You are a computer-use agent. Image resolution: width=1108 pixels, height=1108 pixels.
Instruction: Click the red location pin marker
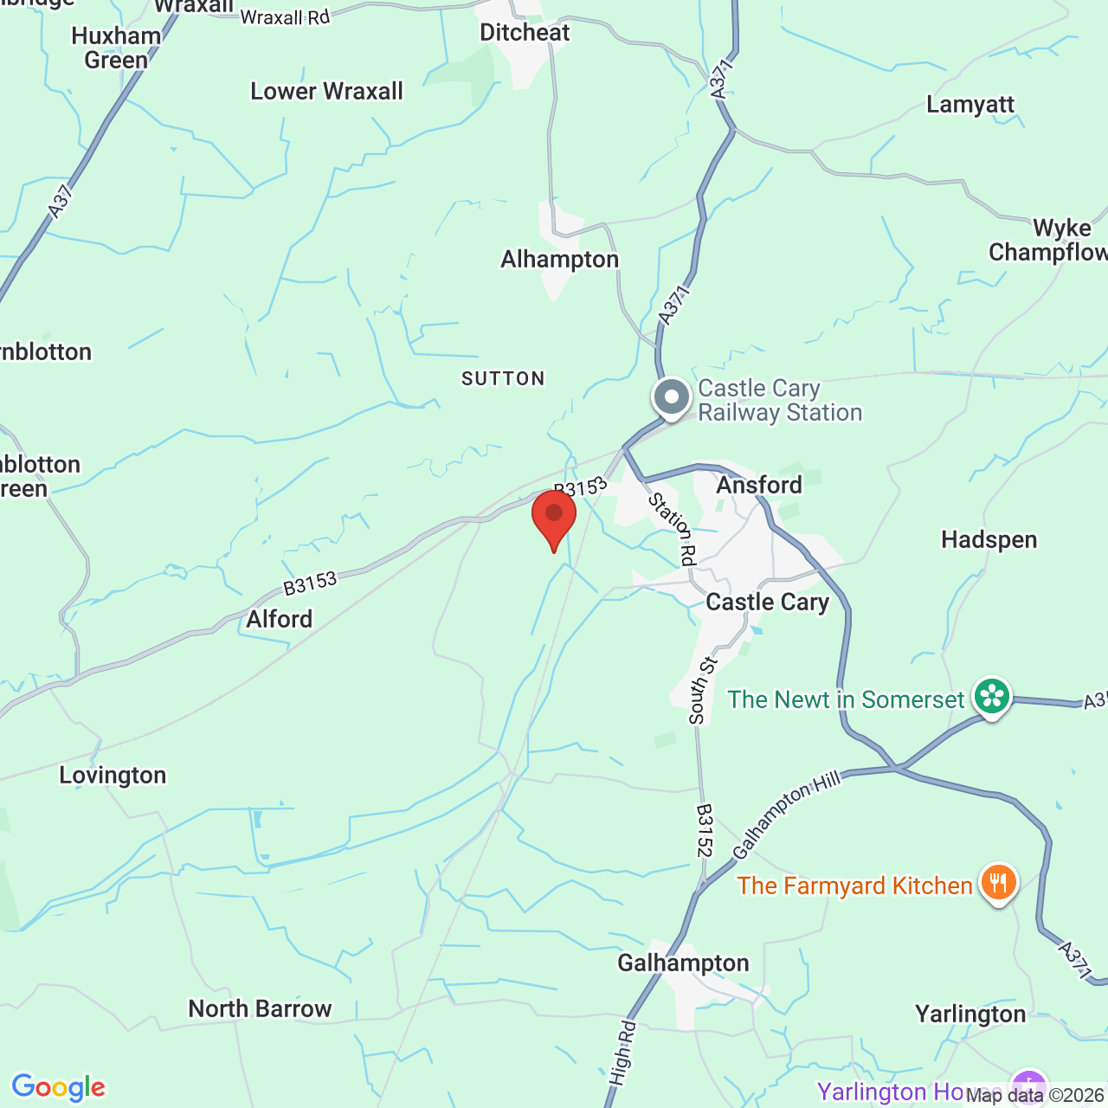coord(554,516)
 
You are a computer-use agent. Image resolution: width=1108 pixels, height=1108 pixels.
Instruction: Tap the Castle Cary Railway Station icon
coord(672,398)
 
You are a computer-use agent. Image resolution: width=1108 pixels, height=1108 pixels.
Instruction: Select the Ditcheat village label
coord(525,33)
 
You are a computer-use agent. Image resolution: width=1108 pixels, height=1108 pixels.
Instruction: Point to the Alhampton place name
coord(560,260)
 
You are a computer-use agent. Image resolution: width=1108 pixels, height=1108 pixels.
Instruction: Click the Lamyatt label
coord(970,105)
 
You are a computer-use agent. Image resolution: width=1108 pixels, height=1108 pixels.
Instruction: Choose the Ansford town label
coord(759,485)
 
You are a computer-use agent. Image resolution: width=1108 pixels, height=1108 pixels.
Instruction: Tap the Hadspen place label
coord(989,540)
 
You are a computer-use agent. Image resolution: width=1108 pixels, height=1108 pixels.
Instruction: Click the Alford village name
coord(279,620)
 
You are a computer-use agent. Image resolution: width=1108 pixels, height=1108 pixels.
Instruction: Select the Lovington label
coord(113,775)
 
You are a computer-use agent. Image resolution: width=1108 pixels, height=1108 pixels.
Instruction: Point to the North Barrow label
coord(260,1008)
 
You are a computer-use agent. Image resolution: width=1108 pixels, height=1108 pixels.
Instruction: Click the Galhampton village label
coord(683,963)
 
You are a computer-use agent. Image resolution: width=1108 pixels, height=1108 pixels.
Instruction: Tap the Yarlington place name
coord(970,1014)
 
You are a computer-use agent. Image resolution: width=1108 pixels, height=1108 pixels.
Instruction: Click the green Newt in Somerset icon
coord(992,697)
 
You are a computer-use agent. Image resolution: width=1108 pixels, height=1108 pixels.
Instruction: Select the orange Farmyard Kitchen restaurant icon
coord(999,883)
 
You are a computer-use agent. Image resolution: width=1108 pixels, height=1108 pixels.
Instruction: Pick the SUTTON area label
coord(503,379)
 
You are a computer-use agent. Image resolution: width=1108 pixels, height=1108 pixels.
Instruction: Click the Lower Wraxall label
coord(326,92)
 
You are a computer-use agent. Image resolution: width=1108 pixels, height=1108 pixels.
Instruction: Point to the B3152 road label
coord(705,830)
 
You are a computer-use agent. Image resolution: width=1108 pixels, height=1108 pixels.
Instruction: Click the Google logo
coord(59,1087)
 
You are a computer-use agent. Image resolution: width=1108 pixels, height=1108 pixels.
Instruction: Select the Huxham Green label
coord(116,48)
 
